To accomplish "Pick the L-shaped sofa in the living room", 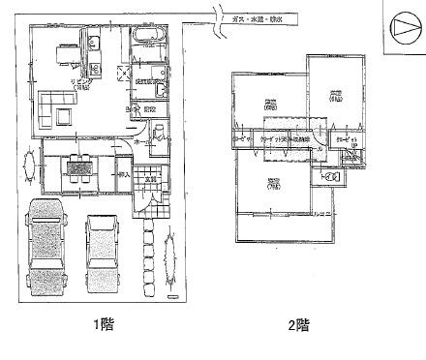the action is [x=57, y=106].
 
